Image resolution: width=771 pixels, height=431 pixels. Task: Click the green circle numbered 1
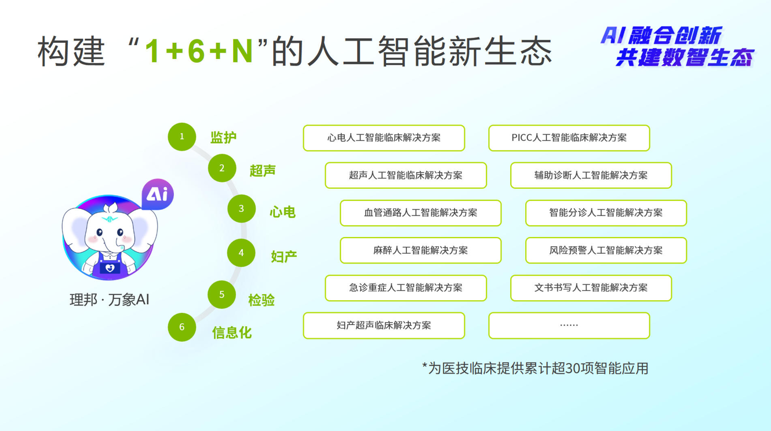(x=182, y=137)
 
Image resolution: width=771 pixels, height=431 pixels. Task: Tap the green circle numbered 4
(x=241, y=253)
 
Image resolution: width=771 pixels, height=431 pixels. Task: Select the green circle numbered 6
(x=182, y=327)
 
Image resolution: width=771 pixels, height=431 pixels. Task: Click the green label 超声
(x=263, y=170)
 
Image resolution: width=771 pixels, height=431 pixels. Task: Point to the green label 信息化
(x=232, y=333)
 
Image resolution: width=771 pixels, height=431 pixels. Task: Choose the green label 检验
(x=261, y=300)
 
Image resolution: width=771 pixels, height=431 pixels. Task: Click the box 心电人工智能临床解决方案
(x=384, y=138)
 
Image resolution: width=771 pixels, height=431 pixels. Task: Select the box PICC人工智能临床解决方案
(x=569, y=138)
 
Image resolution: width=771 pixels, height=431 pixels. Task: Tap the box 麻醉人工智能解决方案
(x=420, y=250)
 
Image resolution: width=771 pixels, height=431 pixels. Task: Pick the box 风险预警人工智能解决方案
(x=606, y=250)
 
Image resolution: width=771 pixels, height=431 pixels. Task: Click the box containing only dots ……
(x=569, y=326)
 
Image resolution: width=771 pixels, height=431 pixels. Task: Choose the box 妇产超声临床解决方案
(x=384, y=326)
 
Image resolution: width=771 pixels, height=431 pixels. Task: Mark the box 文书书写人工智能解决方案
(x=591, y=288)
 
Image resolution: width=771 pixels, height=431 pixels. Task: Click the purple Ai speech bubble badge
(x=157, y=193)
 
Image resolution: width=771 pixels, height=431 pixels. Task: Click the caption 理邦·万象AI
(x=110, y=299)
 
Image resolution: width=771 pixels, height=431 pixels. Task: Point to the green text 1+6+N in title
(x=198, y=51)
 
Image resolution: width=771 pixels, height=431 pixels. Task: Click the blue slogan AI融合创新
(x=660, y=36)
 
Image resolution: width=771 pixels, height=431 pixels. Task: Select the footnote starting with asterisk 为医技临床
(x=535, y=368)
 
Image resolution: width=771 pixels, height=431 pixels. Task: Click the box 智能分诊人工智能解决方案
(x=606, y=213)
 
